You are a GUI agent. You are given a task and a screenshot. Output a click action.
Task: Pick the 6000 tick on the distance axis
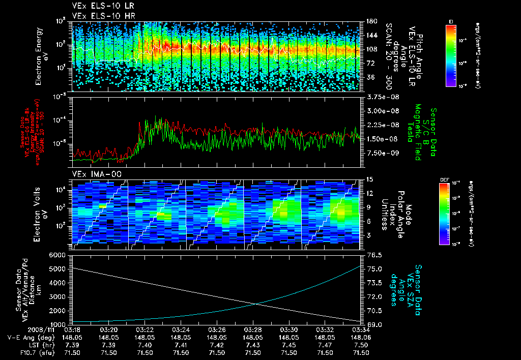59,254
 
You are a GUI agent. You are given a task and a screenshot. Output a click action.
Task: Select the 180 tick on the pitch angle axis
370,21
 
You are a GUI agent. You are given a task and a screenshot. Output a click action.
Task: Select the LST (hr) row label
43,344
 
